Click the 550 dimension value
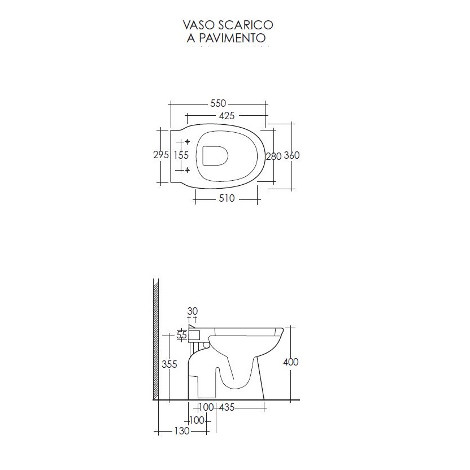point(218,103)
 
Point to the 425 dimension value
point(227,116)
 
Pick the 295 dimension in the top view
point(161,155)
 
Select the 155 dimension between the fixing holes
point(181,155)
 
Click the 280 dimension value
point(273,156)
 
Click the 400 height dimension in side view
point(290,362)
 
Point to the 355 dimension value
point(169,364)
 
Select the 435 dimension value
point(227,407)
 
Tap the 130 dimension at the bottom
point(181,432)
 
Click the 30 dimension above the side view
point(192,311)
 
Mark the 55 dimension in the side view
point(182,335)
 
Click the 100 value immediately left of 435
point(206,407)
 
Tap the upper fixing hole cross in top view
point(187,141)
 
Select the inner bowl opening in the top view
point(214,156)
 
